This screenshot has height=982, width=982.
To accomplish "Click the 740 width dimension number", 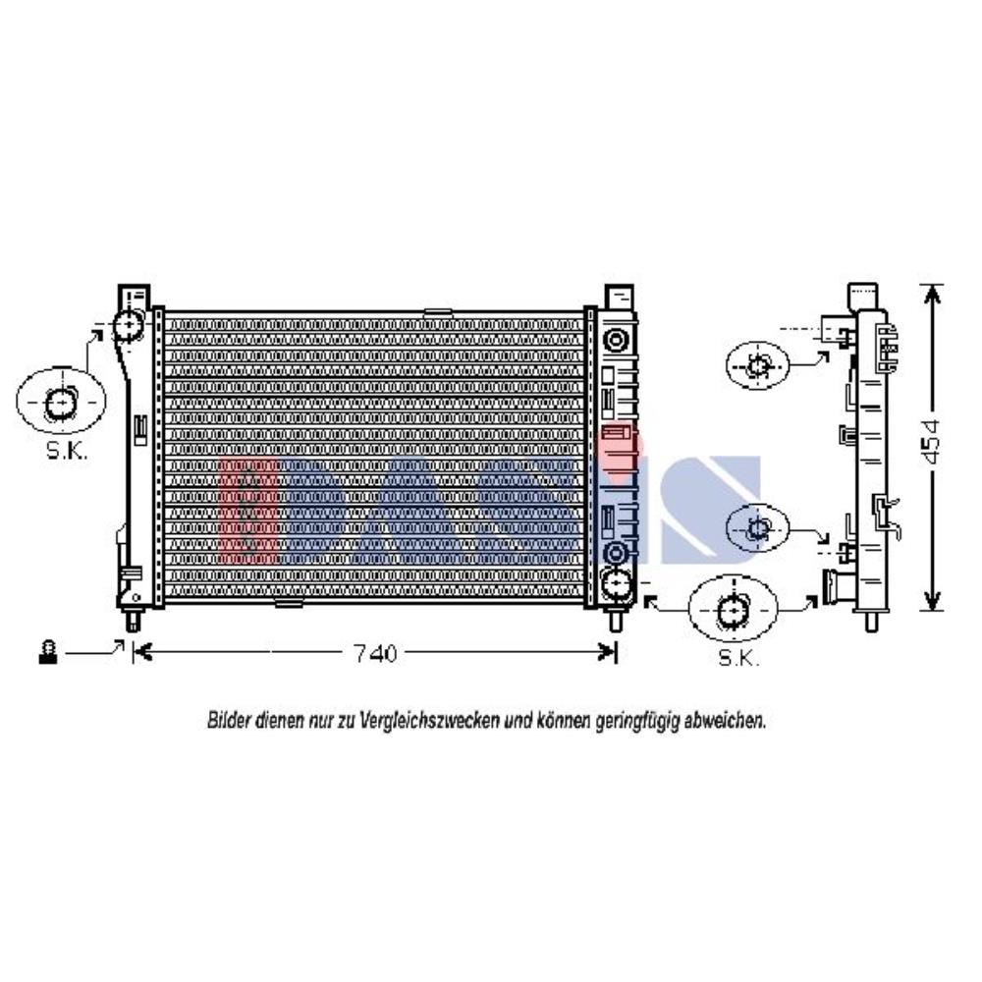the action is click(375, 653).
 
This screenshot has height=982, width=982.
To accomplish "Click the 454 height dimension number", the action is click(932, 442).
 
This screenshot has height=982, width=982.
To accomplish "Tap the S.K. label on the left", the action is click(67, 451).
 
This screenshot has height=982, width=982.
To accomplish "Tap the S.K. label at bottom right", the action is click(738, 658).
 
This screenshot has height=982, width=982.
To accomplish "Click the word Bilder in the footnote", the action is click(229, 721).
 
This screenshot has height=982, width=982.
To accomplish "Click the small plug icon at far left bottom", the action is click(48, 652).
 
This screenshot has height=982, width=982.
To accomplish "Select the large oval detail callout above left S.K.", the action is click(61, 402).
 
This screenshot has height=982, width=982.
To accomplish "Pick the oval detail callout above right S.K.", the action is click(733, 608).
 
